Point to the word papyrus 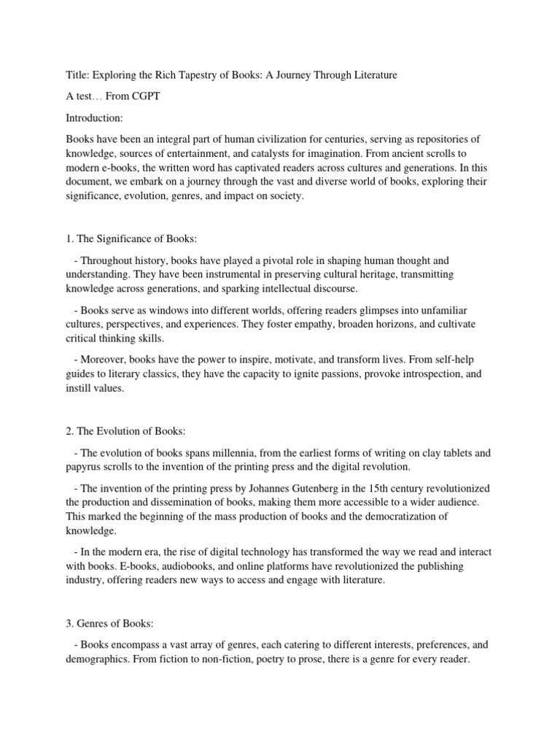86,467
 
